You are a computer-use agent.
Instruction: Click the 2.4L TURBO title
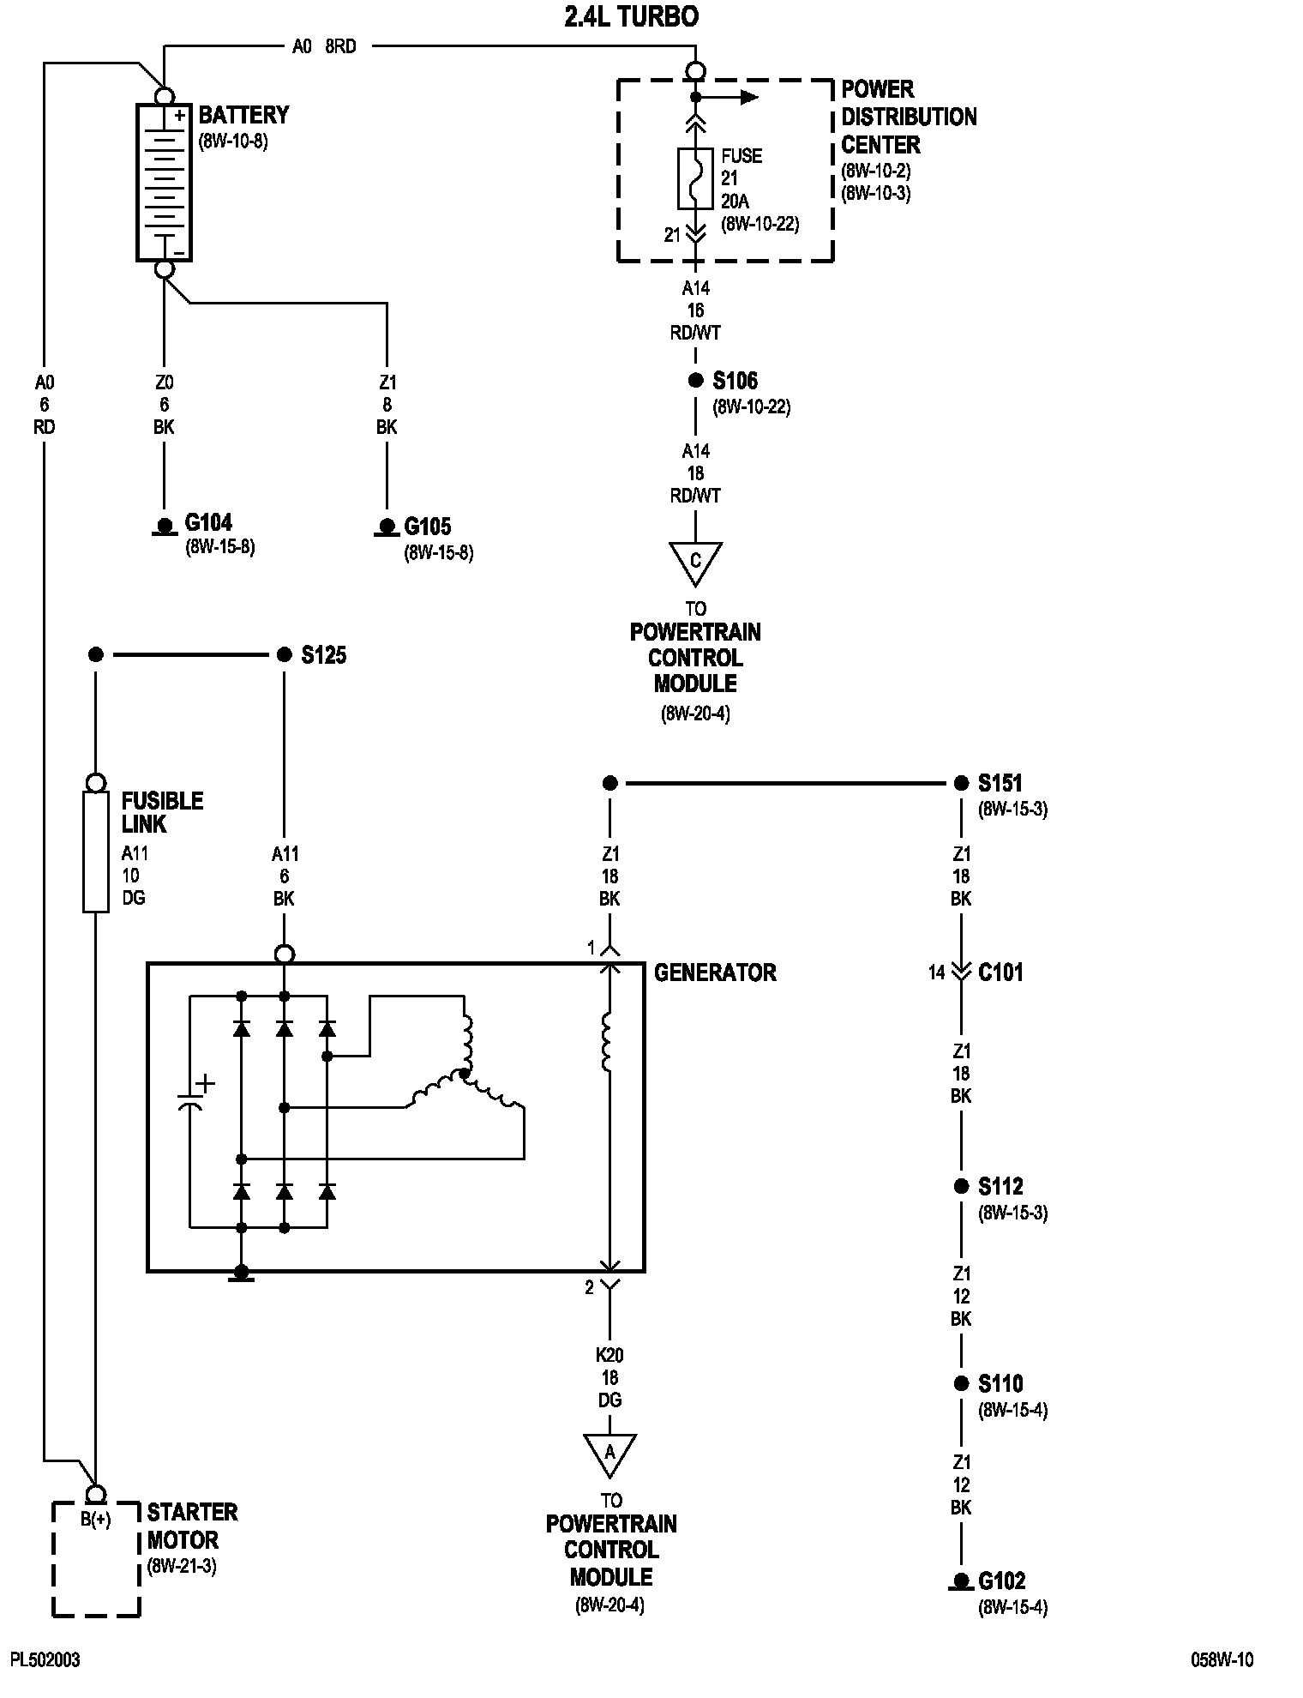(631, 17)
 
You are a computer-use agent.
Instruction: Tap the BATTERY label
(243, 115)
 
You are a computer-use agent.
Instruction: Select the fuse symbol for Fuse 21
(695, 178)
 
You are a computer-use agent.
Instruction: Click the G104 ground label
(208, 522)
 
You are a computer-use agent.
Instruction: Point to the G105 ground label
(428, 526)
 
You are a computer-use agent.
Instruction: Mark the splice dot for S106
(695, 381)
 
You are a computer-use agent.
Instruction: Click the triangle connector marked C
(695, 563)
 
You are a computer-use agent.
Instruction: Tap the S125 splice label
(324, 655)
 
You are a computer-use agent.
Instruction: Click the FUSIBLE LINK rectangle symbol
(96, 852)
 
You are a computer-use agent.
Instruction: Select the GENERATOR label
(715, 972)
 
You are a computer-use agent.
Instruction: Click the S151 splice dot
(961, 783)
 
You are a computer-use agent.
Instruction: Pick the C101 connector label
(1001, 972)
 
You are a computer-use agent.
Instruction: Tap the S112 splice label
(1001, 1186)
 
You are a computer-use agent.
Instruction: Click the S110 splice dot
(961, 1383)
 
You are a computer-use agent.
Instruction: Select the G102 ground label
(1002, 1581)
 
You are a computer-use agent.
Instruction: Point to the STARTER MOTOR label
(192, 1526)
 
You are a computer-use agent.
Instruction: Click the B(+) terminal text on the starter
(96, 1520)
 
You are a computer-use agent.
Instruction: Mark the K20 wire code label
(609, 1356)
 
